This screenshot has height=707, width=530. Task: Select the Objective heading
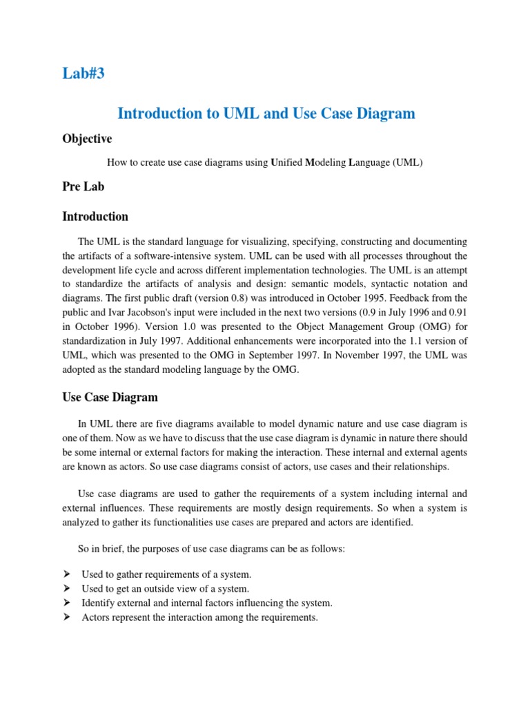point(87,139)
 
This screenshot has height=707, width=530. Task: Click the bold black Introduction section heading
point(95,216)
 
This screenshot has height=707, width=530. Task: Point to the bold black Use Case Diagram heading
point(110,397)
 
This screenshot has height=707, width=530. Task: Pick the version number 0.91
point(458,311)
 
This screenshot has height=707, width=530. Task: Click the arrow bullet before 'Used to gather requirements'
point(67,574)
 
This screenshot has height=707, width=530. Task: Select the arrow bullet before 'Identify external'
point(67,603)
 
